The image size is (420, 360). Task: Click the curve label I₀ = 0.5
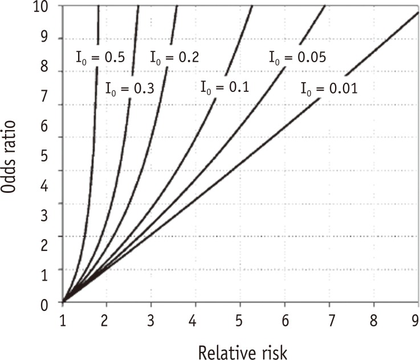(100, 56)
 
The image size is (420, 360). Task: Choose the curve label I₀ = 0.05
(297, 56)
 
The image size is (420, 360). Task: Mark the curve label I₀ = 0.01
(329, 88)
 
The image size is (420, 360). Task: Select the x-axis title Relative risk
(240, 346)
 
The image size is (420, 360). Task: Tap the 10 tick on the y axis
(49, 6)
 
